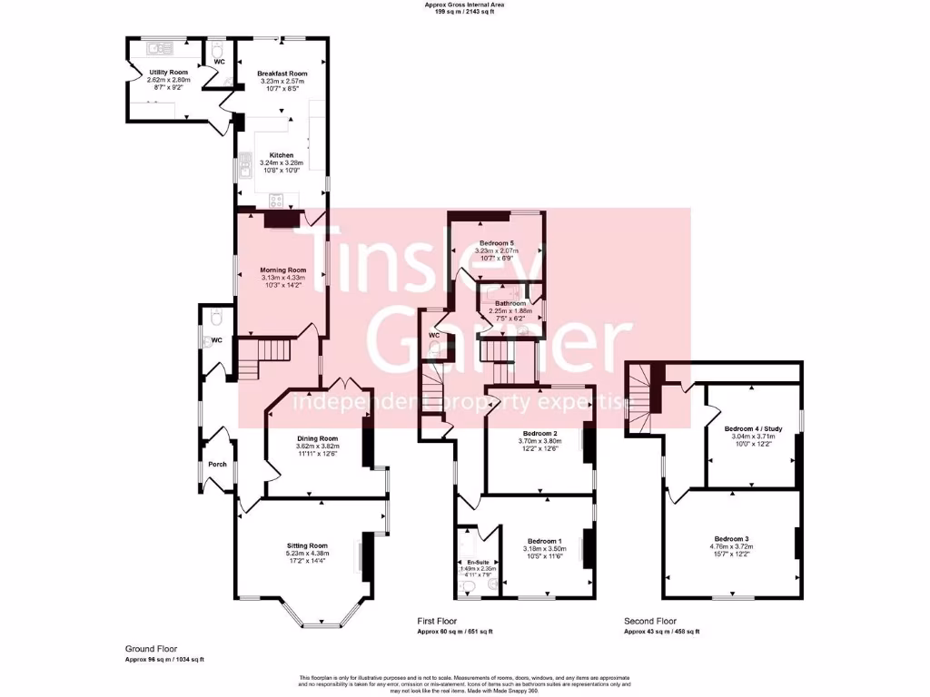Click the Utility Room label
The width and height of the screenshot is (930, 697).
(168, 72)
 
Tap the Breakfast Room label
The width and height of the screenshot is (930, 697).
(282, 74)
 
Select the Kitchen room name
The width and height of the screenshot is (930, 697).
(282, 155)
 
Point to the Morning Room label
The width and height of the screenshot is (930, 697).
(282, 270)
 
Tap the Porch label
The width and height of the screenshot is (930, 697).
(217, 464)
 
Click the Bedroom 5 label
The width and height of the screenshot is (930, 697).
(497, 243)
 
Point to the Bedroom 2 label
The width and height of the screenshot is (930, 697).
(538, 433)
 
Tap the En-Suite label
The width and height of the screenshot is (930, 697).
(474, 562)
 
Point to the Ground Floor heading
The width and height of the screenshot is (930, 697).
(148, 649)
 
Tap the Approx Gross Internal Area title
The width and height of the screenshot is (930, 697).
(464, 5)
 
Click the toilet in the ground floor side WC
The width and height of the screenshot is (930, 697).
(214, 318)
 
